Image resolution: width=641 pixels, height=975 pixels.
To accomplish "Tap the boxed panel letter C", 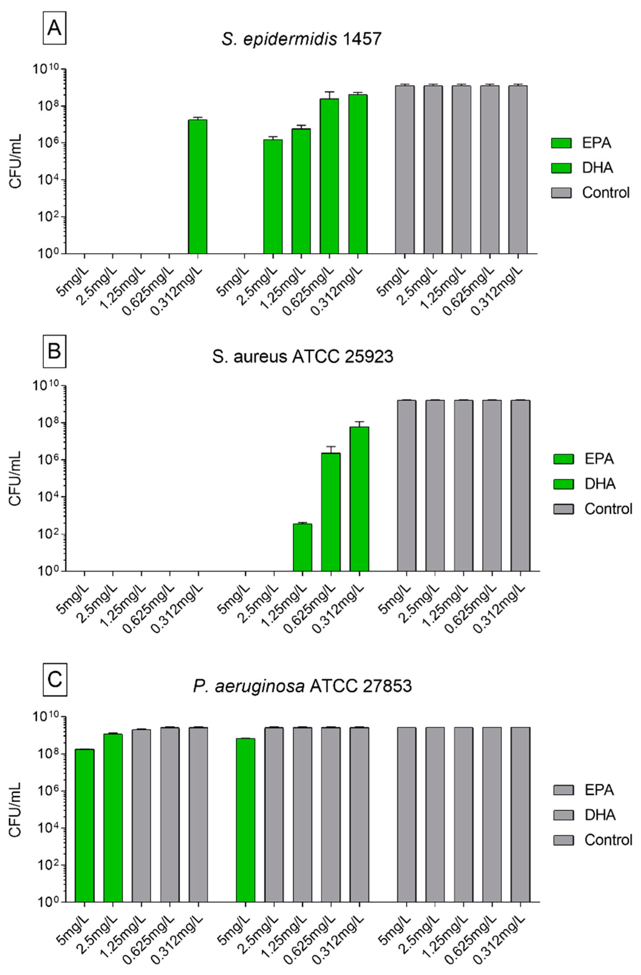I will [54, 679].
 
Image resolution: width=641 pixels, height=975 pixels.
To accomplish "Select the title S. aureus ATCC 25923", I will [303, 357].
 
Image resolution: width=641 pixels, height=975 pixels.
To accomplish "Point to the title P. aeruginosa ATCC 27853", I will [302, 686].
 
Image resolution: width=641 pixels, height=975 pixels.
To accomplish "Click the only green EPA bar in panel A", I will [197, 186].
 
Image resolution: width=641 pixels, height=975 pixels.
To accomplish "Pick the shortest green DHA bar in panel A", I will [273, 197].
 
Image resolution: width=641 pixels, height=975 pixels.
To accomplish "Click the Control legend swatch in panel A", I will [561, 193].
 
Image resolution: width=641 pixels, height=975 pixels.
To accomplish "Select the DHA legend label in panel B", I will [600, 484].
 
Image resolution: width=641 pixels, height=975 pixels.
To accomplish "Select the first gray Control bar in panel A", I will [404, 169].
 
